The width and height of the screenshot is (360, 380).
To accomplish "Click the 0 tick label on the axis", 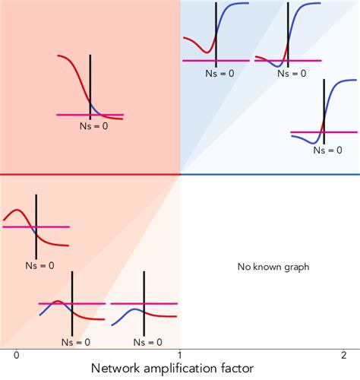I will [x=16, y=354].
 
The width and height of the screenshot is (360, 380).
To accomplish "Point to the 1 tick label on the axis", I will [x=179, y=354].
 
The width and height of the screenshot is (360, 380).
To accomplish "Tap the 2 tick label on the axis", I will [x=343, y=354].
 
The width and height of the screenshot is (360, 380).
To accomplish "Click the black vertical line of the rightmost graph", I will [x=324, y=114].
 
